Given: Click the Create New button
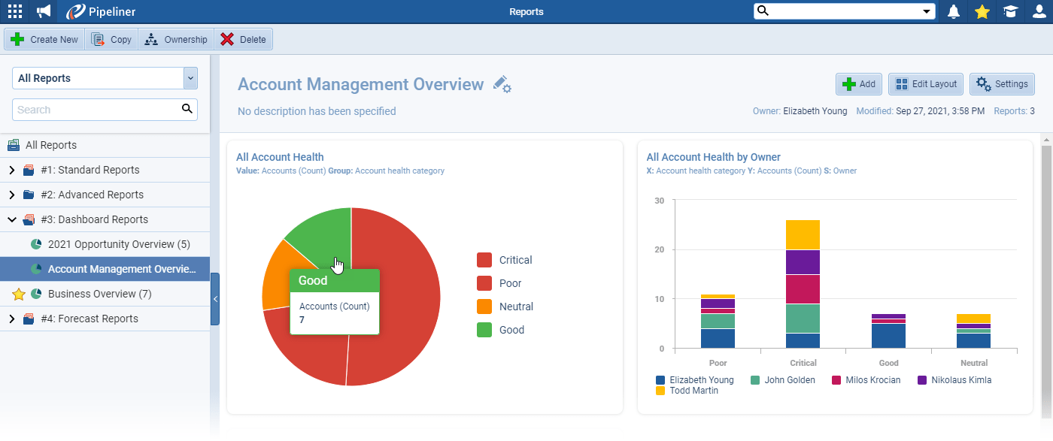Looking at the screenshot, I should [45, 40].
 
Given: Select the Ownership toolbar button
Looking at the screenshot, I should [176, 40].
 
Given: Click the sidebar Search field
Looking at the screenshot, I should [96, 110].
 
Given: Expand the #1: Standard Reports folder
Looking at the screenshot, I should [12, 171].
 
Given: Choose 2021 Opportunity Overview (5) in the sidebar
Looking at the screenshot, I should [119, 244].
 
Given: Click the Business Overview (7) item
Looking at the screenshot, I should [99, 294].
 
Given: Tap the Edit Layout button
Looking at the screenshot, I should [926, 84].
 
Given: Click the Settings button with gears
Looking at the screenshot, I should [1002, 84].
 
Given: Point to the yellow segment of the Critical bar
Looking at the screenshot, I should [803, 234].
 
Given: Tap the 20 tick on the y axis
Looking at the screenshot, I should [659, 249].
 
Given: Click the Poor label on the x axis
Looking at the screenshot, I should [718, 363].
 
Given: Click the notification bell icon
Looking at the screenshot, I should [954, 11].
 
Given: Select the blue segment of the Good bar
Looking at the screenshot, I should [888, 336].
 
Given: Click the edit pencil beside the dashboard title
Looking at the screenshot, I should [502, 85].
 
